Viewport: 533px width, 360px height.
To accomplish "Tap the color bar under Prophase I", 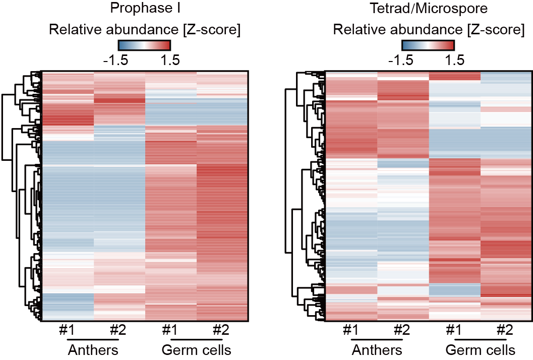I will pyautogui.click(x=144, y=45).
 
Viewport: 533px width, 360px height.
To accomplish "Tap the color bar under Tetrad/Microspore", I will pyautogui.click(x=428, y=45).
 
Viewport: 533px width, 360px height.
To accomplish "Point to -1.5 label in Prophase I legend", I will pyautogui.click(x=117, y=61).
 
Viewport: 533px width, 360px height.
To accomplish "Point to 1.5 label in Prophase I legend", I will pyautogui.click(x=170, y=61).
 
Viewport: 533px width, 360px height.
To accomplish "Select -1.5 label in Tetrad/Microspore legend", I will pyautogui.click(x=402, y=61).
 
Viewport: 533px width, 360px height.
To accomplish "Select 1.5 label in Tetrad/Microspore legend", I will pyautogui.click(x=454, y=61).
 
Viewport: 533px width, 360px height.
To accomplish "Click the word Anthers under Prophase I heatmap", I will pyautogui.click(x=93, y=349).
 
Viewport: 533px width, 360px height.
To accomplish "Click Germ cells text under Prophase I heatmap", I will pyautogui.click(x=196, y=349).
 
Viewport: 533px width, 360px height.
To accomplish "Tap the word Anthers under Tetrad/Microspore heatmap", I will pyautogui.click(x=377, y=349).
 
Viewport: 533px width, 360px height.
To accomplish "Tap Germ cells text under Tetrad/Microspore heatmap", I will pyautogui.click(x=481, y=349).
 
